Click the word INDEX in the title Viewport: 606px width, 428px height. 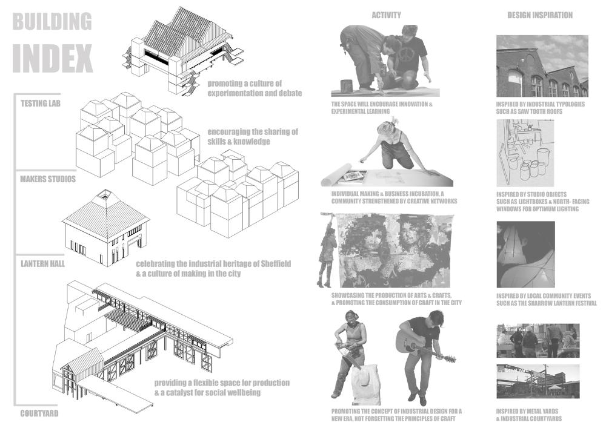pos(53,58)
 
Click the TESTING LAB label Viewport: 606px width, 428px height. pos(41,104)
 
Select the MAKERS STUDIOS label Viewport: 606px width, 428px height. pos(48,179)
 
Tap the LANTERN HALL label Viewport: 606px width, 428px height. pos(42,264)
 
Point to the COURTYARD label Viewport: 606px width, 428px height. pos(39,413)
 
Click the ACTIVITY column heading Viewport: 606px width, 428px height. pos(386,15)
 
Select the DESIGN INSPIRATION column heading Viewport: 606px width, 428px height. pos(540,15)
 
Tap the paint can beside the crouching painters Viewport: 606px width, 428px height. pos(347,86)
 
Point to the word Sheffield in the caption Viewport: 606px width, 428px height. pos(276,264)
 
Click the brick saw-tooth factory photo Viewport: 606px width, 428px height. pos(542,66)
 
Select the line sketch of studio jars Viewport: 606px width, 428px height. pos(525,153)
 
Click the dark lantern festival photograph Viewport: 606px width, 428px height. pos(525,254)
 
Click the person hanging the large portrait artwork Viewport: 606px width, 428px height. pos(327,253)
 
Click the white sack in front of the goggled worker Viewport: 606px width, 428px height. pos(363,380)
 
